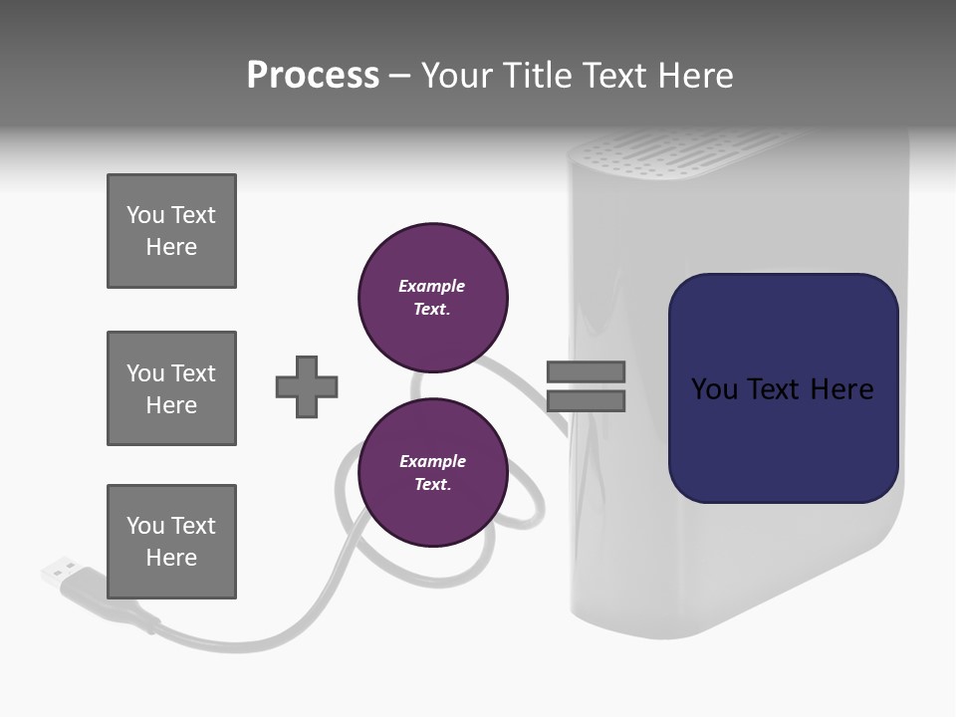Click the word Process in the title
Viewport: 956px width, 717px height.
click(313, 76)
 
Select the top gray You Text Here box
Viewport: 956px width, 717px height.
click(171, 231)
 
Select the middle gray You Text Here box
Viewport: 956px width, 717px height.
click(171, 388)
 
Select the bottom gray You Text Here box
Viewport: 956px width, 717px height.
click(171, 542)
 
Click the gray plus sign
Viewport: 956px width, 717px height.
click(307, 386)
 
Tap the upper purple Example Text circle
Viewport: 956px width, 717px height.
click(432, 297)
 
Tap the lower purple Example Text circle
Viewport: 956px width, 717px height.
click(432, 472)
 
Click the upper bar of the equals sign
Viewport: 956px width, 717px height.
click(586, 372)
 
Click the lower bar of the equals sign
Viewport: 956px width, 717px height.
click(586, 401)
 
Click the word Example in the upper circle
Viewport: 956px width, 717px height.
click(431, 286)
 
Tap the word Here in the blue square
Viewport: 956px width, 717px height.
click(841, 389)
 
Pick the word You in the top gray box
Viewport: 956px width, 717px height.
click(144, 215)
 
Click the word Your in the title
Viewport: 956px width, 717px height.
click(457, 76)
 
